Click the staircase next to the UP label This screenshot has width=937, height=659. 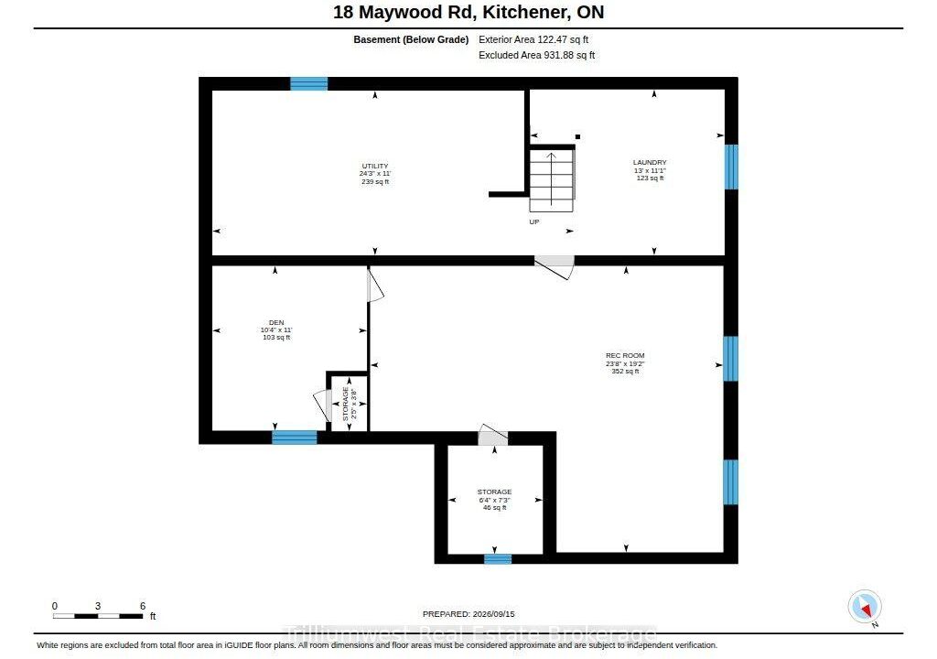552,180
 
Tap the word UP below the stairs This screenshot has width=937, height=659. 534,221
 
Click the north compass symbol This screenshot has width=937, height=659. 865,607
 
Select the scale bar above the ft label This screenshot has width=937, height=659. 98,615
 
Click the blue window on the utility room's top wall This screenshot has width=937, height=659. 309,83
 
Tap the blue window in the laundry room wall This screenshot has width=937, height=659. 731,167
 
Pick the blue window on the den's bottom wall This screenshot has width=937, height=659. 295,438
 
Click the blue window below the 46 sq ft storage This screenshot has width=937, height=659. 498,558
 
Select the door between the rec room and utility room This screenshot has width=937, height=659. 555,267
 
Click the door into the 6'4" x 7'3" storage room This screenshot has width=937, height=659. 493,435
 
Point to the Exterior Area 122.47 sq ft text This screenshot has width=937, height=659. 533,39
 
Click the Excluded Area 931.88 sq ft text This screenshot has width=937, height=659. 536,55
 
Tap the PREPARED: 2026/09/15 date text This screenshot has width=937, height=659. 468,614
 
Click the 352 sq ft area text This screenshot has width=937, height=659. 625,372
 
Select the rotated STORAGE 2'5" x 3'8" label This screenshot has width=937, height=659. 350,404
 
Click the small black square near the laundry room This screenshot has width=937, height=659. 578,137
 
